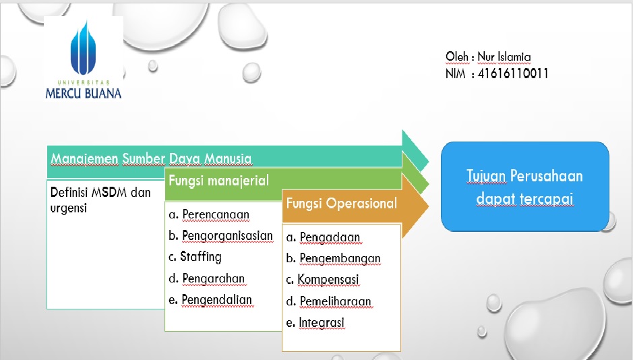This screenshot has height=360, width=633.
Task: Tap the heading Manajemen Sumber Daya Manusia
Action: pos(151,158)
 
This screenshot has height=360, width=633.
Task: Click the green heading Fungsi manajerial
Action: pos(218,181)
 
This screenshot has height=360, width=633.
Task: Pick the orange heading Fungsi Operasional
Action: pos(341,203)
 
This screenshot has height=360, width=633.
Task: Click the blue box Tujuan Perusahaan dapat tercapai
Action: pos(524,187)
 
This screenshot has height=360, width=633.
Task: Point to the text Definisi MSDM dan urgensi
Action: pos(100,200)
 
